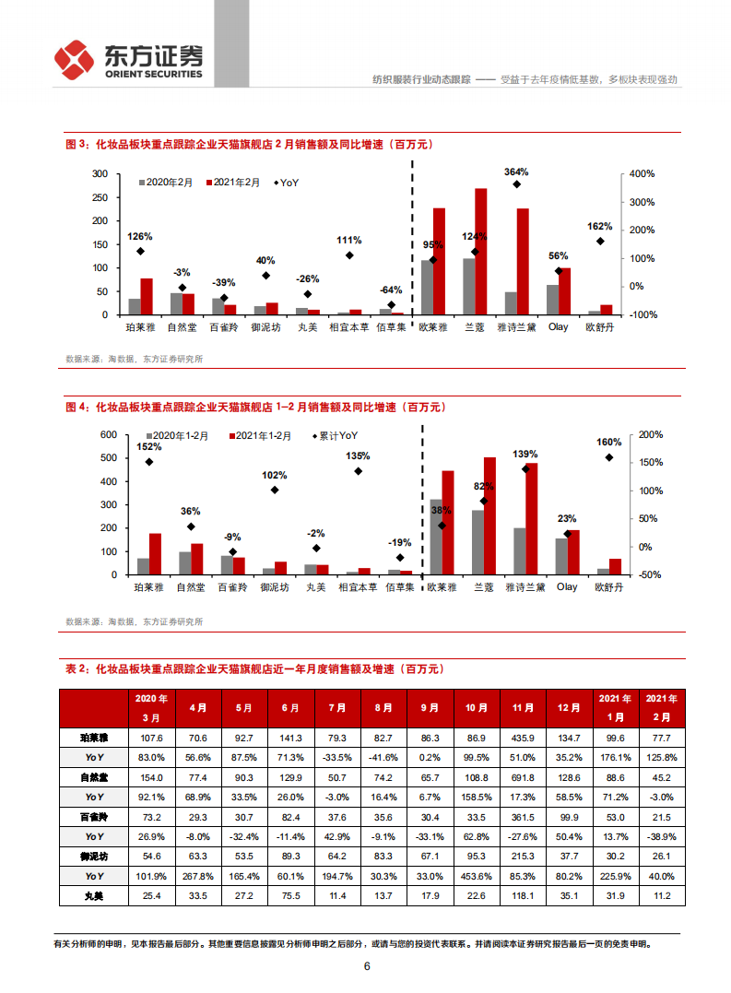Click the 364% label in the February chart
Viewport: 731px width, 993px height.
coord(516,171)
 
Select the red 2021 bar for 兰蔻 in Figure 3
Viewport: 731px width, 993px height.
coord(481,251)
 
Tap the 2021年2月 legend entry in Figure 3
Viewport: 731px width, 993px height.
coord(236,183)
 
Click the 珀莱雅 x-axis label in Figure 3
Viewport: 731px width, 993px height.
coord(141,326)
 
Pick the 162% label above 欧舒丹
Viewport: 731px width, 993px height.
coord(599,226)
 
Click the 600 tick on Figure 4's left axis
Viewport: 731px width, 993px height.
coord(108,434)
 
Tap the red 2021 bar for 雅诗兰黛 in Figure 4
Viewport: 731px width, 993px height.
coord(532,518)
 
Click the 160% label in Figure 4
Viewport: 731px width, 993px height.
coord(607,441)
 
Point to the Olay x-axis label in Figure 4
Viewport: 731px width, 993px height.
coord(567,587)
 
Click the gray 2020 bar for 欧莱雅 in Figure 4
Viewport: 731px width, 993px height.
coord(436,537)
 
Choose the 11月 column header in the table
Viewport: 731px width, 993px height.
coord(523,708)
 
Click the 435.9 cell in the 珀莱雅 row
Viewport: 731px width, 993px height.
coord(523,738)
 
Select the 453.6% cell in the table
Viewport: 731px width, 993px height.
coord(477,876)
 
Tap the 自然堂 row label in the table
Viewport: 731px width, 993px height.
coord(94,777)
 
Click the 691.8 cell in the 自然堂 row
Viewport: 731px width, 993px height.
coord(523,777)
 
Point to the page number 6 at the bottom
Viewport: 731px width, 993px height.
coord(367,966)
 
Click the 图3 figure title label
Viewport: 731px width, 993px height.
coord(75,144)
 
